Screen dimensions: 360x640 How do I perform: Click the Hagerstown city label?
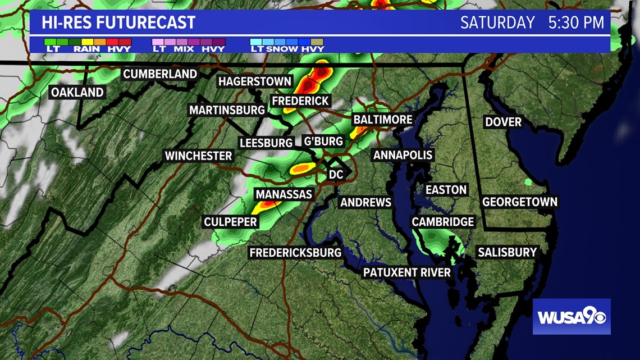click(x=255, y=81)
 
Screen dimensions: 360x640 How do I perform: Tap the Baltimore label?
click(x=382, y=120)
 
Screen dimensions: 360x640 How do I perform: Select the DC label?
click(x=336, y=175)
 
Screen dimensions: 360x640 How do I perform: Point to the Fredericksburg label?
click(x=295, y=253)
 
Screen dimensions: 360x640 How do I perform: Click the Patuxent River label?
click(x=406, y=272)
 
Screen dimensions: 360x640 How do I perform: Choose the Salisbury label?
click(x=507, y=252)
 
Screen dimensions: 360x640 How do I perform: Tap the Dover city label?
click(x=503, y=122)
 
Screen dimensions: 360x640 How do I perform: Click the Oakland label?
click(x=77, y=92)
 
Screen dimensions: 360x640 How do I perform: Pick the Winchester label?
click(x=198, y=156)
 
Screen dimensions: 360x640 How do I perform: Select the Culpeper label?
click(x=230, y=222)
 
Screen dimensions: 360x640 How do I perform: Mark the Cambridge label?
click(x=443, y=222)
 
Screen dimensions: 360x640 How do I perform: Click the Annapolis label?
click(x=403, y=155)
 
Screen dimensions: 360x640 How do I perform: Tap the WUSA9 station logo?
click(x=572, y=317)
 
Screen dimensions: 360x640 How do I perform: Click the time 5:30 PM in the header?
click(x=576, y=22)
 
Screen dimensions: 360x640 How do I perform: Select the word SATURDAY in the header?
click(x=497, y=22)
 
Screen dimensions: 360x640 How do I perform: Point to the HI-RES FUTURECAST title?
click(x=118, y=22)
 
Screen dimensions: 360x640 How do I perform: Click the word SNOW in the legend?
click(x=284, y=49)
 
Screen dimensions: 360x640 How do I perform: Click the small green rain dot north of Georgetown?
click(x=528, y=181)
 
